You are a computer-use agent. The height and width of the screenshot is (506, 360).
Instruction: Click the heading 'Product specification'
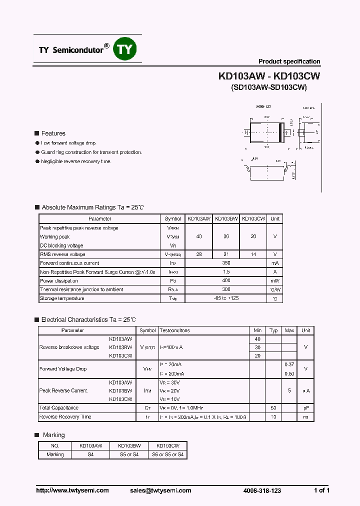(x=289, y=61)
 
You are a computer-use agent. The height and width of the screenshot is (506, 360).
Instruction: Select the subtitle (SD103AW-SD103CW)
(x=269, y=87)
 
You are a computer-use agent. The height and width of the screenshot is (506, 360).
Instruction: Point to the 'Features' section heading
(x=53, y=133)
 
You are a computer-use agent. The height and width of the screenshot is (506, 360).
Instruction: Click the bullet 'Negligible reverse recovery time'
(x=76, y=161)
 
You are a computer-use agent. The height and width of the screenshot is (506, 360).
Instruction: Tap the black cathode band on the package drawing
(x=281, y=132)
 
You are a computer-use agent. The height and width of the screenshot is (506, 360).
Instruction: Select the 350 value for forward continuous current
(x=226, y=263)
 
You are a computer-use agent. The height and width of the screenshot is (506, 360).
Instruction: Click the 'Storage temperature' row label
(x=62, y=298)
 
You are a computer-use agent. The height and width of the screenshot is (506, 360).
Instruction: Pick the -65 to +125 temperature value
(x=226, y=298)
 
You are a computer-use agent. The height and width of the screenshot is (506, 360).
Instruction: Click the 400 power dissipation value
(x=226, y=281)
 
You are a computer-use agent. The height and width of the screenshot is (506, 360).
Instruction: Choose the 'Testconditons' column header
(x=174, y=330)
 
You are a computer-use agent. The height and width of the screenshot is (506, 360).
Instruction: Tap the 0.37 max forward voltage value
(x=289, y=364)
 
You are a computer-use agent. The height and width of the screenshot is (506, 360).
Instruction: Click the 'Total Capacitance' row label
(x=58, y=408)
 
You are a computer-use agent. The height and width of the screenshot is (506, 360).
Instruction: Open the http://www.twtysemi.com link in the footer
(x=72, y=490)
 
